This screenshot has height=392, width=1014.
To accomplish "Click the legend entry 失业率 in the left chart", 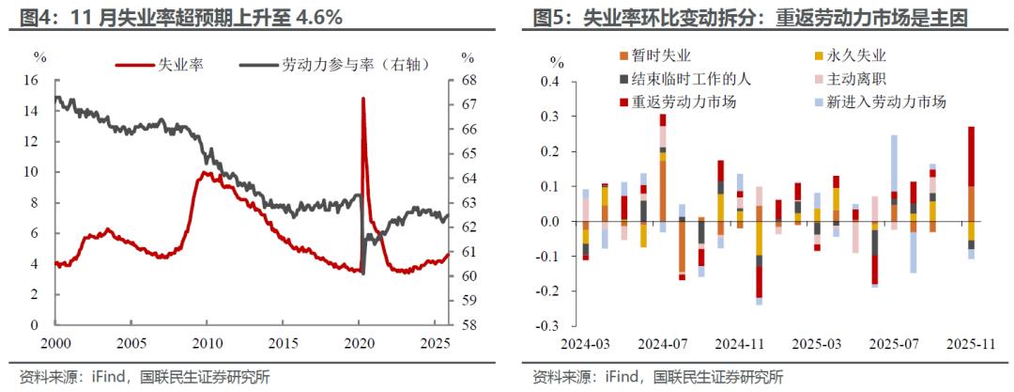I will tap(182, 65).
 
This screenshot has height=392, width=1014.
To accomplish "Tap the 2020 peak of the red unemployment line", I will tap(363, 99).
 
